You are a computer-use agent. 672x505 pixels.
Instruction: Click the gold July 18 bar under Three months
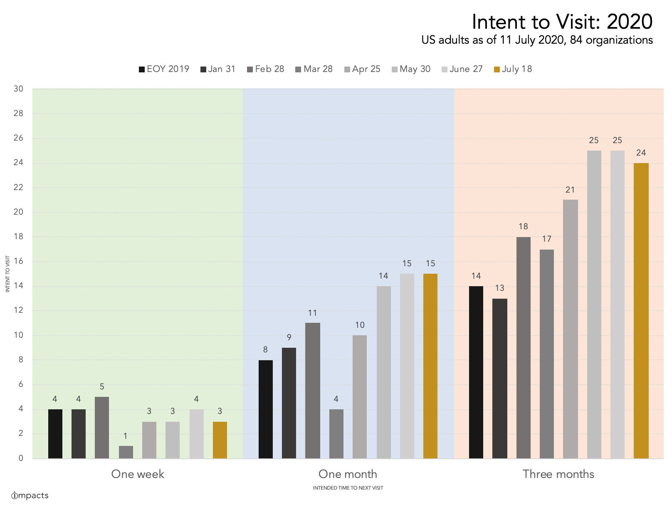click(x=641, y=311)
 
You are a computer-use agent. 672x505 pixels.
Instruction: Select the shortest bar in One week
click(x=126, y=452)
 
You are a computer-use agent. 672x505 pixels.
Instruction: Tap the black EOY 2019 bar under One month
click(x=265, y=409)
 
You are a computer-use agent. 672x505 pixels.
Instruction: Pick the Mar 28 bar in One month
click(x=336, y=433)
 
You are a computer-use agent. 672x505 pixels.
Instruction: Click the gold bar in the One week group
click(x=220, y=440)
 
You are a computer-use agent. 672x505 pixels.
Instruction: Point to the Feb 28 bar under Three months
click(x=523, y=348)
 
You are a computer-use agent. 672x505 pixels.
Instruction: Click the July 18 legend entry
click(x=513, y=69)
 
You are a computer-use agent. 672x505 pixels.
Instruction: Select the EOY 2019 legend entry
click(x=164, y=69)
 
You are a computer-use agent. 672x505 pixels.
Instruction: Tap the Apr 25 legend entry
click(x=362, y=69)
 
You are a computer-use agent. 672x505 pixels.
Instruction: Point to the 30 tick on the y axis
click(x=18, y=89)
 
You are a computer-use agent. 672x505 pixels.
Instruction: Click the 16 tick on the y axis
click(x=18, y=261)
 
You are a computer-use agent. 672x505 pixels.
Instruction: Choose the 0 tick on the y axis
click(x=21, y=458)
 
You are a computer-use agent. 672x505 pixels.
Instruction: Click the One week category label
click(x=138, y=474)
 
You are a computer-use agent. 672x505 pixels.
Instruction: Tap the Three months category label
click(x=558, y=474)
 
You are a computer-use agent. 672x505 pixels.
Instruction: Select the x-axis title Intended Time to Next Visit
click(x=348, y=488)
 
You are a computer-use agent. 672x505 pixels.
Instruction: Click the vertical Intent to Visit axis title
click(x=7, y=274)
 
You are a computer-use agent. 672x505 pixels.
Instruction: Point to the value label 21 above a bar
click(x=570, y=190)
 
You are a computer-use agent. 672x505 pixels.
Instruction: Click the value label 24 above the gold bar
click(x=641, y=153)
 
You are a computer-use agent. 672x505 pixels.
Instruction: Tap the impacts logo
click(x=30, y=495)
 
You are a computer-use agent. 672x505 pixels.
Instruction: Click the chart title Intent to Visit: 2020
click(x=562, y=22)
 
